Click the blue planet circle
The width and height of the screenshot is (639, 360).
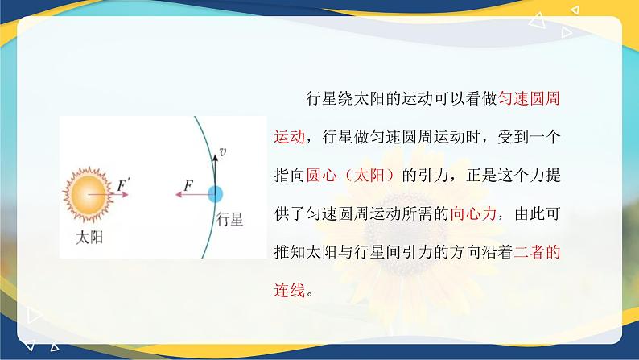215,194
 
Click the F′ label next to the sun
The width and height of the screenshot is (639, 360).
123,185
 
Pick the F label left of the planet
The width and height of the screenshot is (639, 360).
188,185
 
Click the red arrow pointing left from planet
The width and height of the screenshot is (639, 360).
192,194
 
